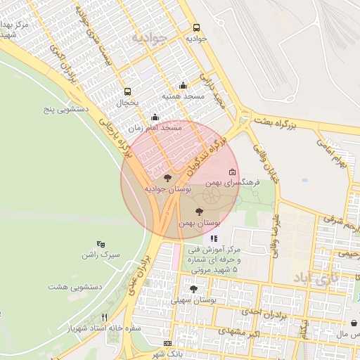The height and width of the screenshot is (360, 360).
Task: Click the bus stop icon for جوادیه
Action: click(x=196, y=28)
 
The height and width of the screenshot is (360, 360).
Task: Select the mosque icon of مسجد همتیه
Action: click(x=184, y=85)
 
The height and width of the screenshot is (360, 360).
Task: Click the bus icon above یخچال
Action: click(x=127, y=91)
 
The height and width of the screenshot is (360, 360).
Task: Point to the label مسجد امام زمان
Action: click(x=155, y=129)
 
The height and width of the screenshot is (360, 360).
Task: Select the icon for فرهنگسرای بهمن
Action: click(x=233, y=172)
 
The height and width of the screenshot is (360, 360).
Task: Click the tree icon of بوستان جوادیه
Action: click(x=167, y=178)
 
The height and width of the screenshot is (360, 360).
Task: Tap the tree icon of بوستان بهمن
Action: click(x=199, y=211)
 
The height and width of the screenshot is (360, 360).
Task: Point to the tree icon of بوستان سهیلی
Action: click(x=193, y=288)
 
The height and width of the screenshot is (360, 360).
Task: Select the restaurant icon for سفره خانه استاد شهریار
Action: click(x=104, y=317)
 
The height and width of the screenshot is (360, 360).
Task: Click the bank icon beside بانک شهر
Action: click(x=167, y=342)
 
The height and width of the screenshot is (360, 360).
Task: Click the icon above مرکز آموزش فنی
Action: click(x=214, y=239)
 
